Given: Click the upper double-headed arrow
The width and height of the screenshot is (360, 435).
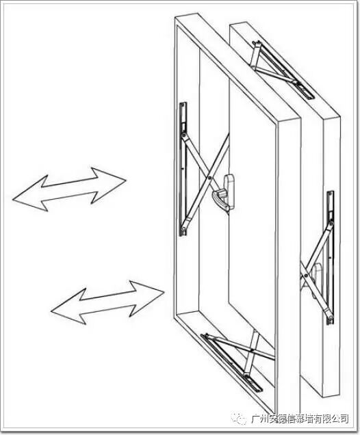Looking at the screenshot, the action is tap(69, 189).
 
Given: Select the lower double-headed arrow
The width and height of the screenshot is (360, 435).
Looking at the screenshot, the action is tap(107, 302).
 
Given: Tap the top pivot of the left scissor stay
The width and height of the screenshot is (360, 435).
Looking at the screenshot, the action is tap(183, 135).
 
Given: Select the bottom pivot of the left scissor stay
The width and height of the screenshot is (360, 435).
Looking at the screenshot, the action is tap(183, 229).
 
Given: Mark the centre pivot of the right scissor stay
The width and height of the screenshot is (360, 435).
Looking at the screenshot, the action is tap(305, 276).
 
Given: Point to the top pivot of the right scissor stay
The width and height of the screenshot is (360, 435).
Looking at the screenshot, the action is tap(331, 224).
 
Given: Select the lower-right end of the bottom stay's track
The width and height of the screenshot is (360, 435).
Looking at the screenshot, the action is tap(259, 389).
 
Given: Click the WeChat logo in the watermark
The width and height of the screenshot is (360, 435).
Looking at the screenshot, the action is tap(239, 418).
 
